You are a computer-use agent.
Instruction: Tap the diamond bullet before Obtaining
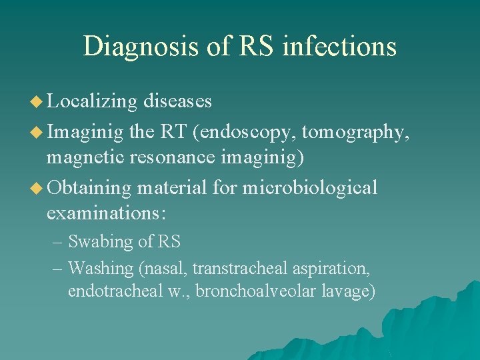tap(37, 189)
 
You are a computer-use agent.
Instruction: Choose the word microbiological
tap(309, 188)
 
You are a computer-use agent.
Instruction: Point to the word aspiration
tap(332, 269)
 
